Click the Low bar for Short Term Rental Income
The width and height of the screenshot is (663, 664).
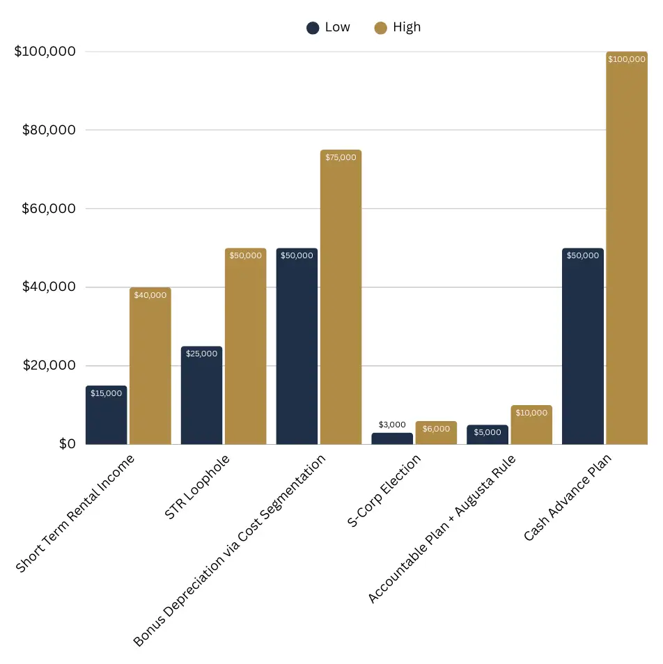point(106,418)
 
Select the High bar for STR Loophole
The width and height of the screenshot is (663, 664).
point(245,348)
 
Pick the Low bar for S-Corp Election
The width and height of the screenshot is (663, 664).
point(392,438)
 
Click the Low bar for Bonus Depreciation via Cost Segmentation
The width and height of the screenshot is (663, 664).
point(297,348)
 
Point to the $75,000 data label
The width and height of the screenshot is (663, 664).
point(341,157)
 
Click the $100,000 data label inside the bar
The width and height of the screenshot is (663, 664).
point(626,60)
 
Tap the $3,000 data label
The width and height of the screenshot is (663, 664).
point(392,425)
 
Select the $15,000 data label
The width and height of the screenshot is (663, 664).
point(106,393)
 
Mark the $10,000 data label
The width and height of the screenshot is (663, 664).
point(531,413)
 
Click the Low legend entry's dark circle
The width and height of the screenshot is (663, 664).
point(313,28)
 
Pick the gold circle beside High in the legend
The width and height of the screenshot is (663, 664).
point(380,28)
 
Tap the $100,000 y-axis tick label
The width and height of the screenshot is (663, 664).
point(42,52)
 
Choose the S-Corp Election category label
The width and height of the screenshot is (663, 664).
point(384,491)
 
